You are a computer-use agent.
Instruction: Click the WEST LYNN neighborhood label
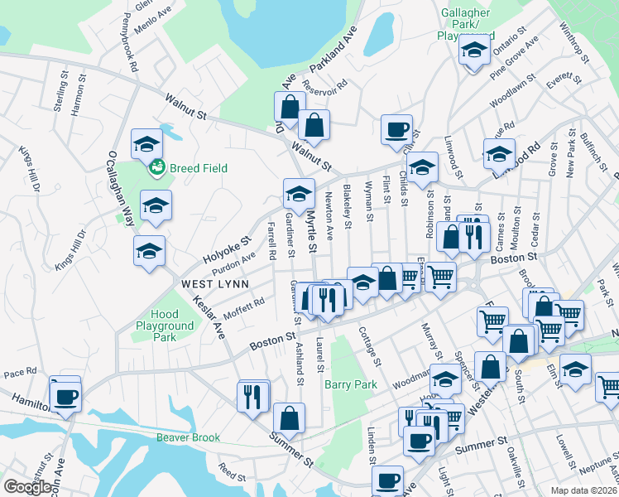tap(206, 283)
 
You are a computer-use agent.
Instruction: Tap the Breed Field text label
tap(198, 168)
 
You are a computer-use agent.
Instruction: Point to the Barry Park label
tap(351, 384)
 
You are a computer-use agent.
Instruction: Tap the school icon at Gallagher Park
tap(474, 51)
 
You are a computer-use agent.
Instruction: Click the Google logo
tap(28, 487)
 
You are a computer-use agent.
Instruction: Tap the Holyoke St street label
tap(227, 250)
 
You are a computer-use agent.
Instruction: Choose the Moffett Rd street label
tap(243, 311)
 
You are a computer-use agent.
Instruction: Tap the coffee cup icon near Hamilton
tap(65, 395)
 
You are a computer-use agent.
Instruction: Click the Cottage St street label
tap(370, 346)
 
